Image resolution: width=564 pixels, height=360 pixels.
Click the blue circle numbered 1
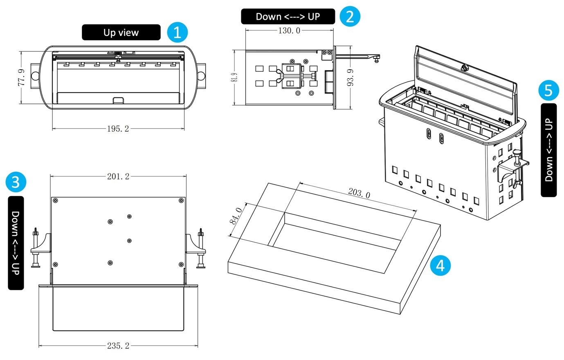178,32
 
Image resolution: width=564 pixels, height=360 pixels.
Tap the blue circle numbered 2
350,16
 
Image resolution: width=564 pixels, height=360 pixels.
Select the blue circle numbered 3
16,182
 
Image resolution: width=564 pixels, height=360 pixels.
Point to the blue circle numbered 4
440,265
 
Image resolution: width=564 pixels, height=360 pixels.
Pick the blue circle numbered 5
548,90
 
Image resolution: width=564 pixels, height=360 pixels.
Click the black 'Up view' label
121,32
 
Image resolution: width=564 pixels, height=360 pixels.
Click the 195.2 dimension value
118,129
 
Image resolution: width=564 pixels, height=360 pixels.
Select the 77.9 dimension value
22,77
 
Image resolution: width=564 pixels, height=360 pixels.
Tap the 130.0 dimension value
289,31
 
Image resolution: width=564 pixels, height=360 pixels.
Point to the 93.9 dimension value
350,78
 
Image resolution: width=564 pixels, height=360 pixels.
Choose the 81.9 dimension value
234,77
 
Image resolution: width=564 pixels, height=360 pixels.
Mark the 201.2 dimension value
118,176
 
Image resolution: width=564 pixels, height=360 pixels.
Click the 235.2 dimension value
118,346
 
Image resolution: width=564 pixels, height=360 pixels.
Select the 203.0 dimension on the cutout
359,193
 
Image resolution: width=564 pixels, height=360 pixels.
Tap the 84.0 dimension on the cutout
236,216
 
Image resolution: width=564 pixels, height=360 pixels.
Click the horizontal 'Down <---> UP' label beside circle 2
288,16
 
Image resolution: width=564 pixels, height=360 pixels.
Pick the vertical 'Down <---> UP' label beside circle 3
16,243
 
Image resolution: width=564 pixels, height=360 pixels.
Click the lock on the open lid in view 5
463,68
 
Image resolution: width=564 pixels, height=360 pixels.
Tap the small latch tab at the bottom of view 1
118,100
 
